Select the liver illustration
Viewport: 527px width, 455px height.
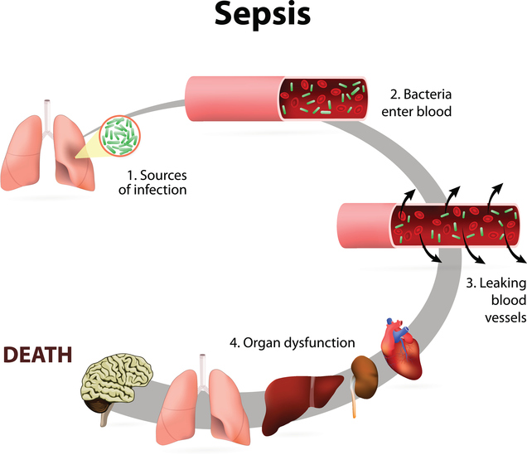point(305,399)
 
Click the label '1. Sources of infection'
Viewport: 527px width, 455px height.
point(157,182)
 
